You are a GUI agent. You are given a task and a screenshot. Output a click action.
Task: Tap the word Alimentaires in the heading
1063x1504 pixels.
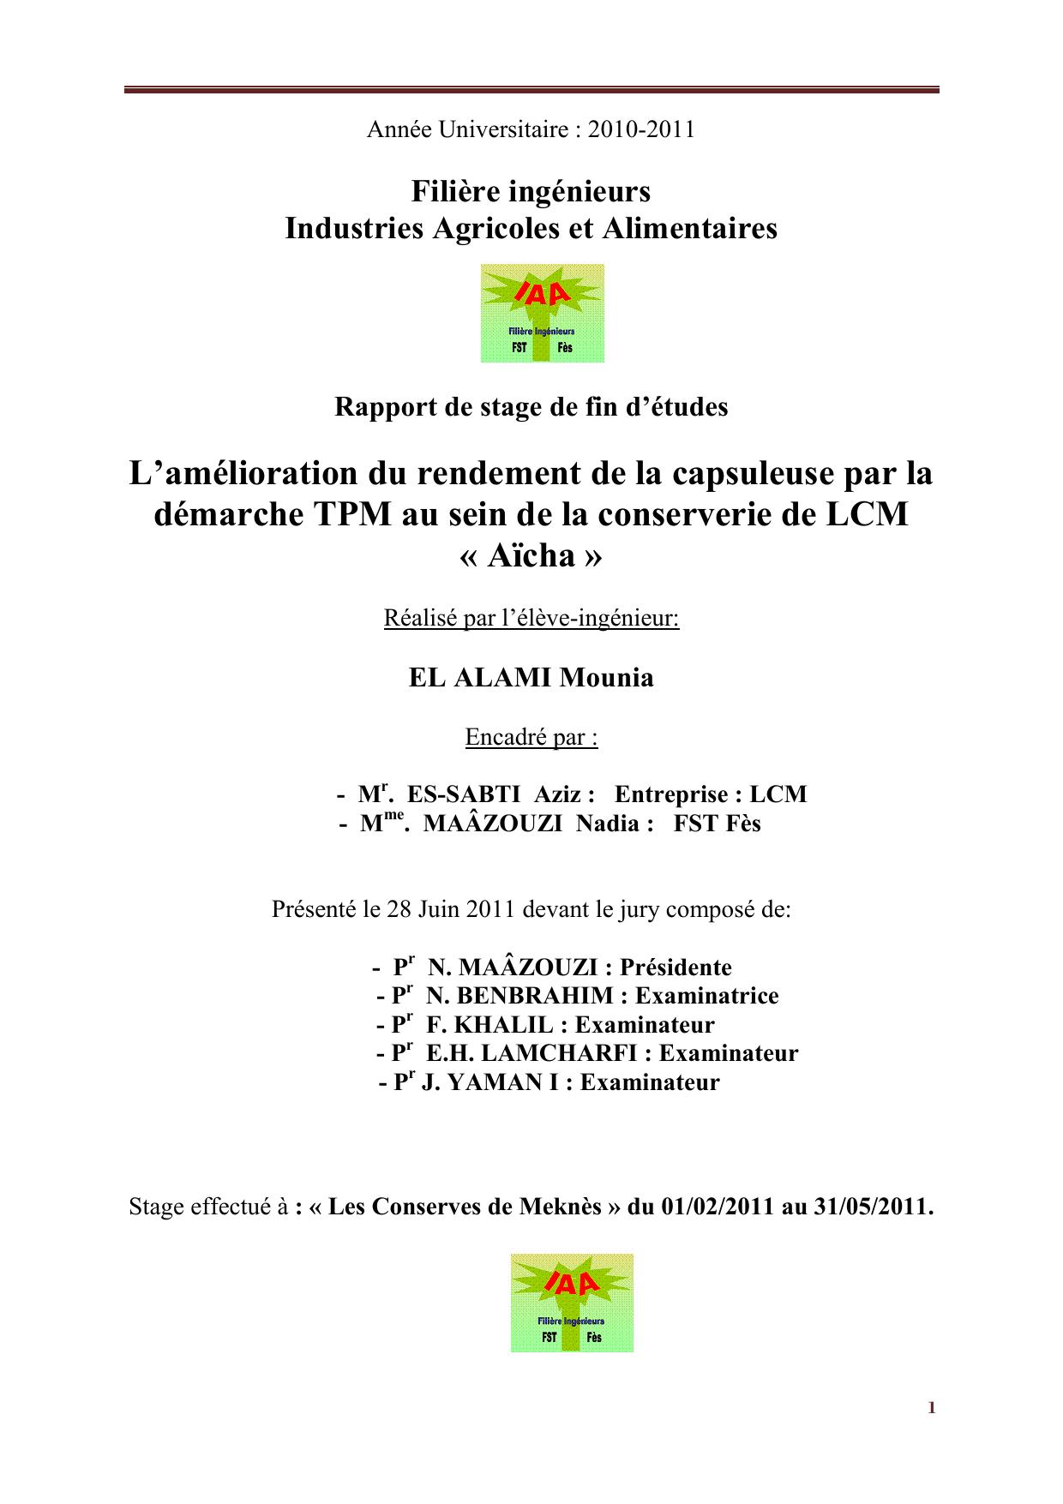pyautogui.click(x=705, y=228)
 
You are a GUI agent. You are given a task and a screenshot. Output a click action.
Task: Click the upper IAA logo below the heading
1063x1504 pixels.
pyautogui.click(x=542, y=313)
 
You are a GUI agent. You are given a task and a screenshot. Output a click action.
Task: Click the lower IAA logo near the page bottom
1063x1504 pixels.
pyautogui.click(x=572, y=1303)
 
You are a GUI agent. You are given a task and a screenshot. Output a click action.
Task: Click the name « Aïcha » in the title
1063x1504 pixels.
pyautogui.click(x=531, y=556)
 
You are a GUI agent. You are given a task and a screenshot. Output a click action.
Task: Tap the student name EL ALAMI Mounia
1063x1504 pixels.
pyautogui.click(x=531, y=678)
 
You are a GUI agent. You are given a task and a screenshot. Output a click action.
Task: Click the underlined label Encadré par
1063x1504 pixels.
pyautogui.click(x=531, y=737)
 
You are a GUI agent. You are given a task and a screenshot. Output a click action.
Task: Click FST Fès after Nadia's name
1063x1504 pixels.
pyautogui.click(x=717, y=824)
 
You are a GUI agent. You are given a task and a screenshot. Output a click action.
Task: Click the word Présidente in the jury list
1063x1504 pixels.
pyautogui.click(x=676, y=968)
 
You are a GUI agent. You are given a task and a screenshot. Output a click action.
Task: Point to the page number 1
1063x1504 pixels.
pyautogui.click(x=931, y=1408)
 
